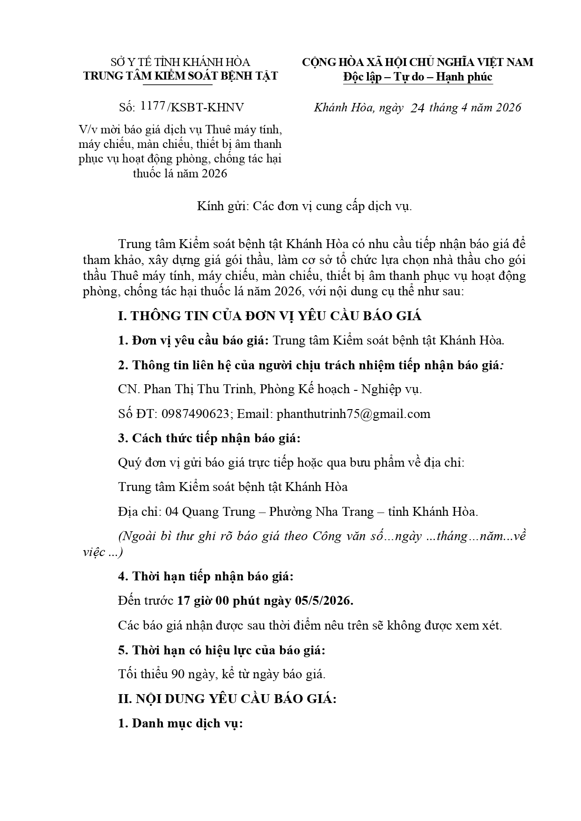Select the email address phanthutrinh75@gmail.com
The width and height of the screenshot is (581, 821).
353,414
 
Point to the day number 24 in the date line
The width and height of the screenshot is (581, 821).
417,108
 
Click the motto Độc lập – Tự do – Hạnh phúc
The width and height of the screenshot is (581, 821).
417,76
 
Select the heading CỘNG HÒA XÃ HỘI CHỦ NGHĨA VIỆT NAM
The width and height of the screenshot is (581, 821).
417,62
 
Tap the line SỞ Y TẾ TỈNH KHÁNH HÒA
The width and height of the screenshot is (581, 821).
180,62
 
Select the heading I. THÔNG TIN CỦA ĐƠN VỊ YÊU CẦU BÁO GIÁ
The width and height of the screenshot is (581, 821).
270,316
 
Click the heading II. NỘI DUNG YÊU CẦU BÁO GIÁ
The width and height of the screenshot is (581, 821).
227,699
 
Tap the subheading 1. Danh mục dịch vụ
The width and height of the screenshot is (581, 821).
180,723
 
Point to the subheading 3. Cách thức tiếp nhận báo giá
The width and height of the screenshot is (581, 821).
209,438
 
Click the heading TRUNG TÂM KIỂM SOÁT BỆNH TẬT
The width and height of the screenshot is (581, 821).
180,76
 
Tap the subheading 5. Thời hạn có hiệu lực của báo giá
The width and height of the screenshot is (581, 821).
221,650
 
